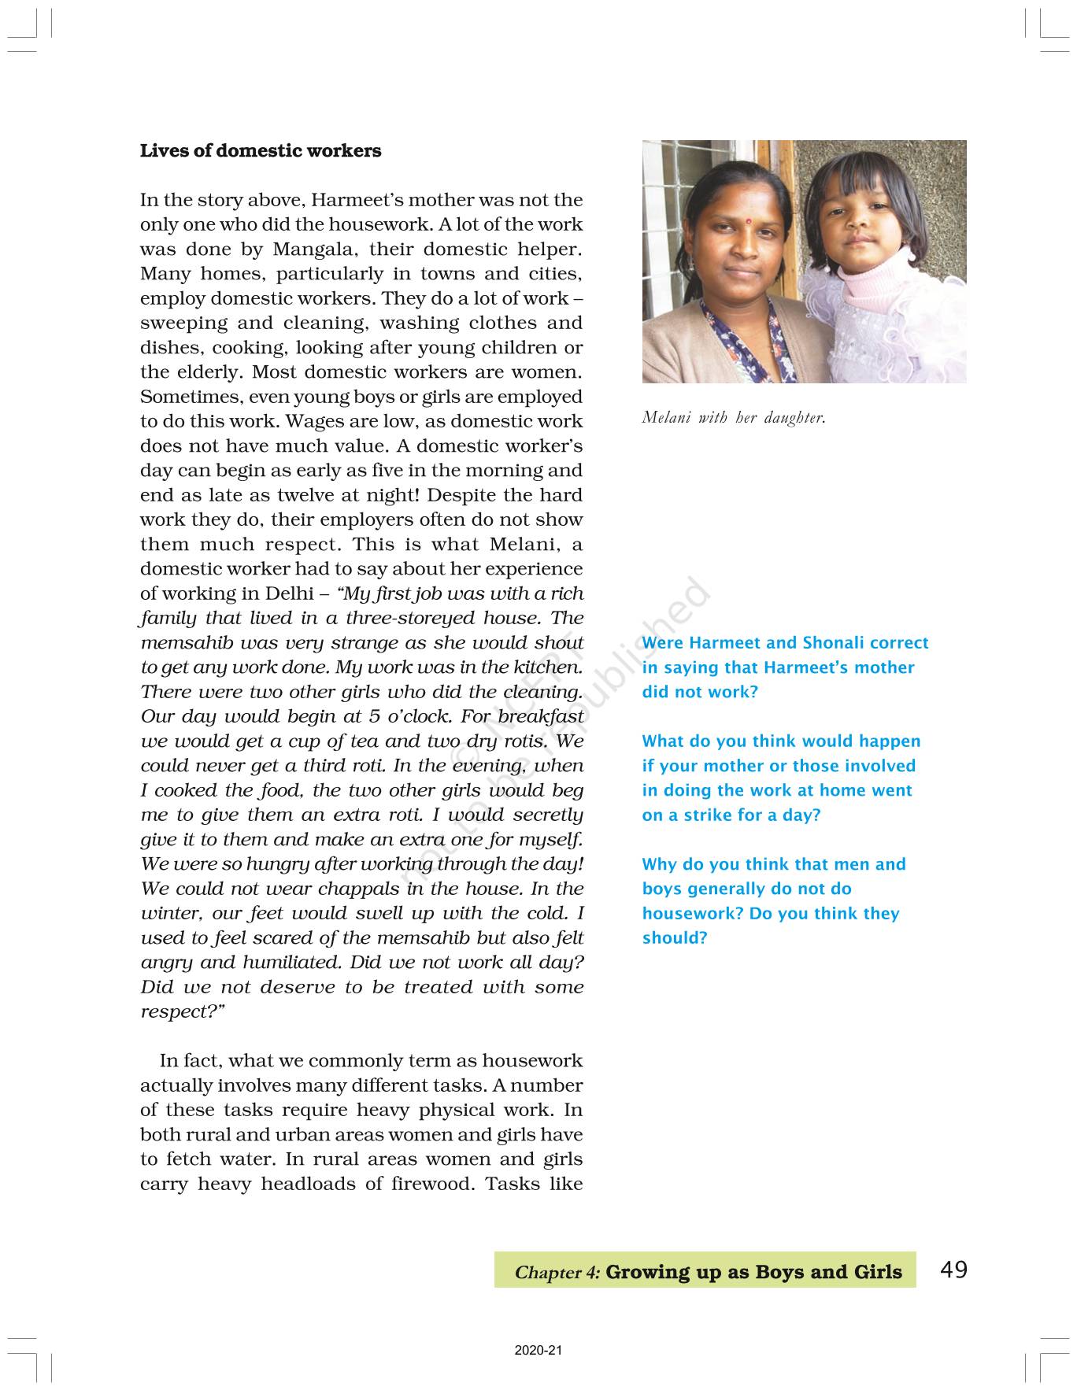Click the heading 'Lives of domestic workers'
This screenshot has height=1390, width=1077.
(x=260, y=151)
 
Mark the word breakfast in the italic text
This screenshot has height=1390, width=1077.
(x=541, y=716)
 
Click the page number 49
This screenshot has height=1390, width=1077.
(x=953, y=1270)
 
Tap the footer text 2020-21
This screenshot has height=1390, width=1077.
(x=538, y=1351)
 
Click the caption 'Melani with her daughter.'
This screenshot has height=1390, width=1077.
(x=734, y=418)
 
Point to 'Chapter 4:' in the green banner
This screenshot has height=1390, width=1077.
(x=557, y=1273)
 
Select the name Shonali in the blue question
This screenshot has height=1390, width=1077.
(x=831, y=643)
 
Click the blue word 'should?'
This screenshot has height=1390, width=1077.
(x=675, y=938)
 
